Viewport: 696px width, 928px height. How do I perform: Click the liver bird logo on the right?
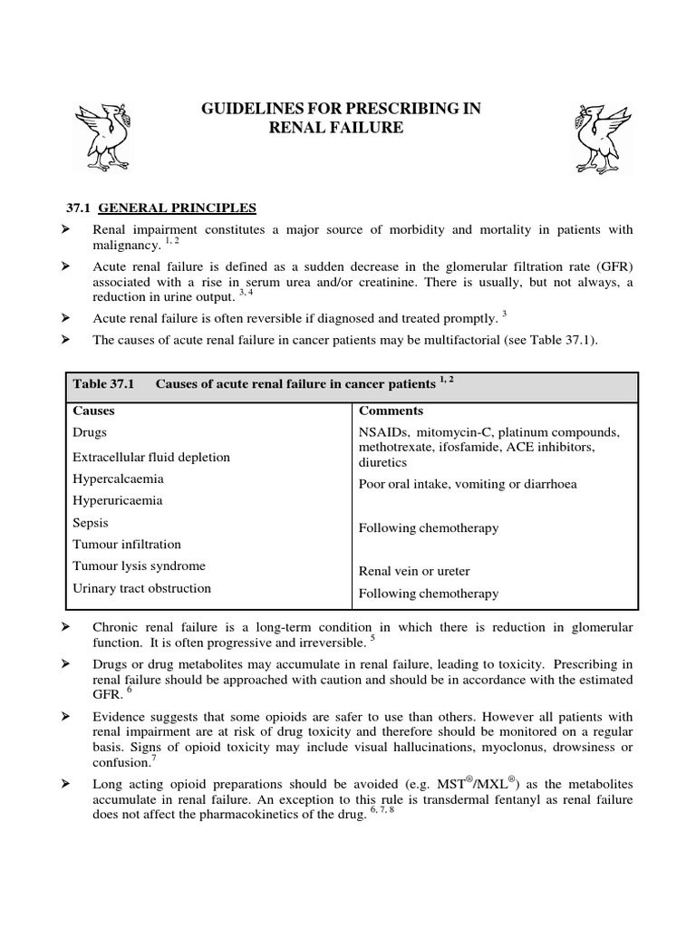coord(599,136)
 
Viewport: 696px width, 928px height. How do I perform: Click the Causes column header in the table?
coord(93,411)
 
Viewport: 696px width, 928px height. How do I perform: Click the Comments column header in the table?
coord(391,411)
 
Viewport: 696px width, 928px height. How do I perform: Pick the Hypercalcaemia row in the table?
coord(118,478)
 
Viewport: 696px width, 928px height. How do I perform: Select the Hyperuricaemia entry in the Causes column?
coord(117,500)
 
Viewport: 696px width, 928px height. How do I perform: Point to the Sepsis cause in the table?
coord(91,522)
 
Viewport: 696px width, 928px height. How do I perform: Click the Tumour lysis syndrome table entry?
coord(139,565)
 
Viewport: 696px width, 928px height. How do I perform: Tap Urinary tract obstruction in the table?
coord(141,587)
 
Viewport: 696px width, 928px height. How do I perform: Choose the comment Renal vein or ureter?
coord(414,571)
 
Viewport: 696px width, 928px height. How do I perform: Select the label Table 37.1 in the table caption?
coord(103,384)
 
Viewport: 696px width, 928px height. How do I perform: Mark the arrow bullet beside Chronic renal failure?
coord(65,627)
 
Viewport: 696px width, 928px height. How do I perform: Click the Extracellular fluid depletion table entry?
coord(151,457)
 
